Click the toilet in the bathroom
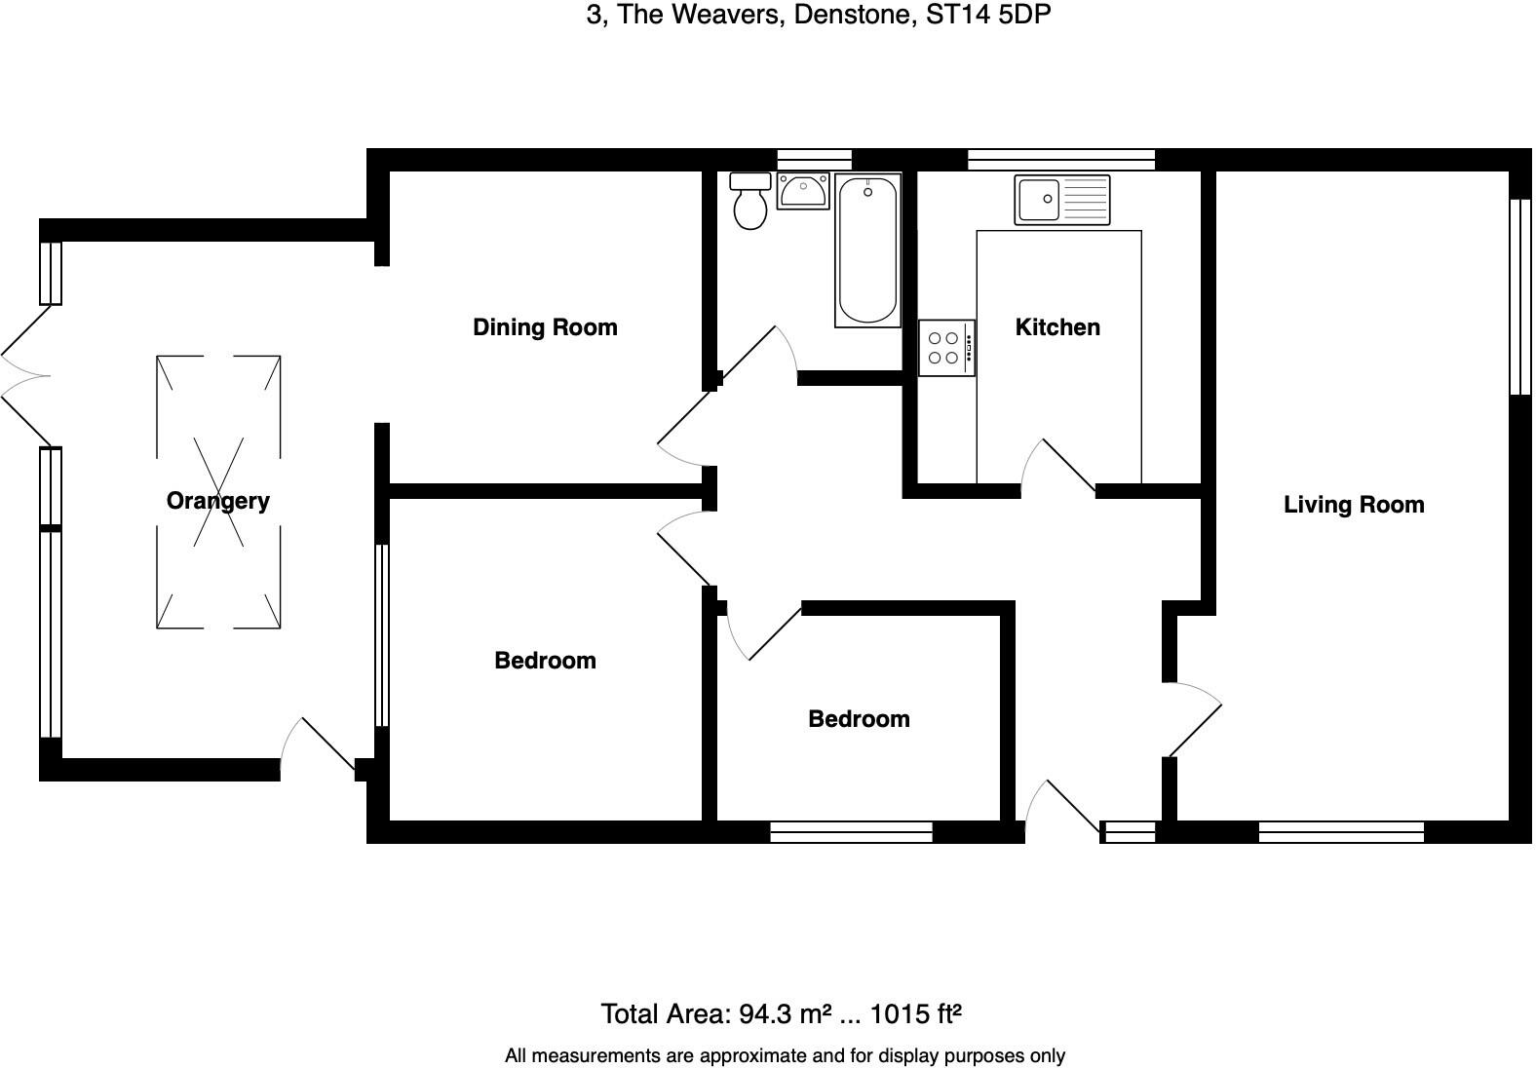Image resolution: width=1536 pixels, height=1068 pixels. (750, 202)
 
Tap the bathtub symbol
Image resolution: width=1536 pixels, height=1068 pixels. (867, 250)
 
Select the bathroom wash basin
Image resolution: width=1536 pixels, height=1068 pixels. (803, 190)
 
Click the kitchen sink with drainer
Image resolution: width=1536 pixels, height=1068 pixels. (1061, 199)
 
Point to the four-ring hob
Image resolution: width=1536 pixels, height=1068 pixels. (945, 348)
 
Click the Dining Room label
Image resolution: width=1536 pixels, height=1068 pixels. (545, 327)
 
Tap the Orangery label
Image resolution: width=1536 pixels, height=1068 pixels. (217, 501)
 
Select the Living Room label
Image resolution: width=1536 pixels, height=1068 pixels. (1353, 505)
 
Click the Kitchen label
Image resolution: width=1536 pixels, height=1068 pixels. (1057, 327)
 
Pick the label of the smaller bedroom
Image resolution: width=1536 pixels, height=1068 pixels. (859, 719)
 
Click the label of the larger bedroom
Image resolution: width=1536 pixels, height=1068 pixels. (545, 661)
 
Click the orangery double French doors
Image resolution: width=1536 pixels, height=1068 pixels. (24, 376)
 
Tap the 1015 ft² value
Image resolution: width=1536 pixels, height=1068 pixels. (915, 1014)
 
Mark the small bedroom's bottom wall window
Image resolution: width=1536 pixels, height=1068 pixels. (851, 831)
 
